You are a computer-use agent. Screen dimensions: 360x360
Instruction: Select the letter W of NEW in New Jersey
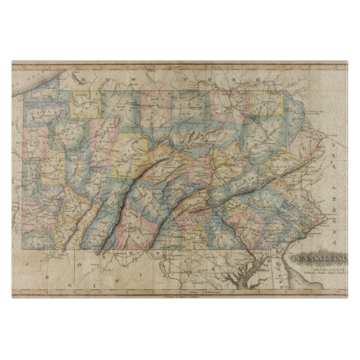pyautogui.click(x=337, y=163)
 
